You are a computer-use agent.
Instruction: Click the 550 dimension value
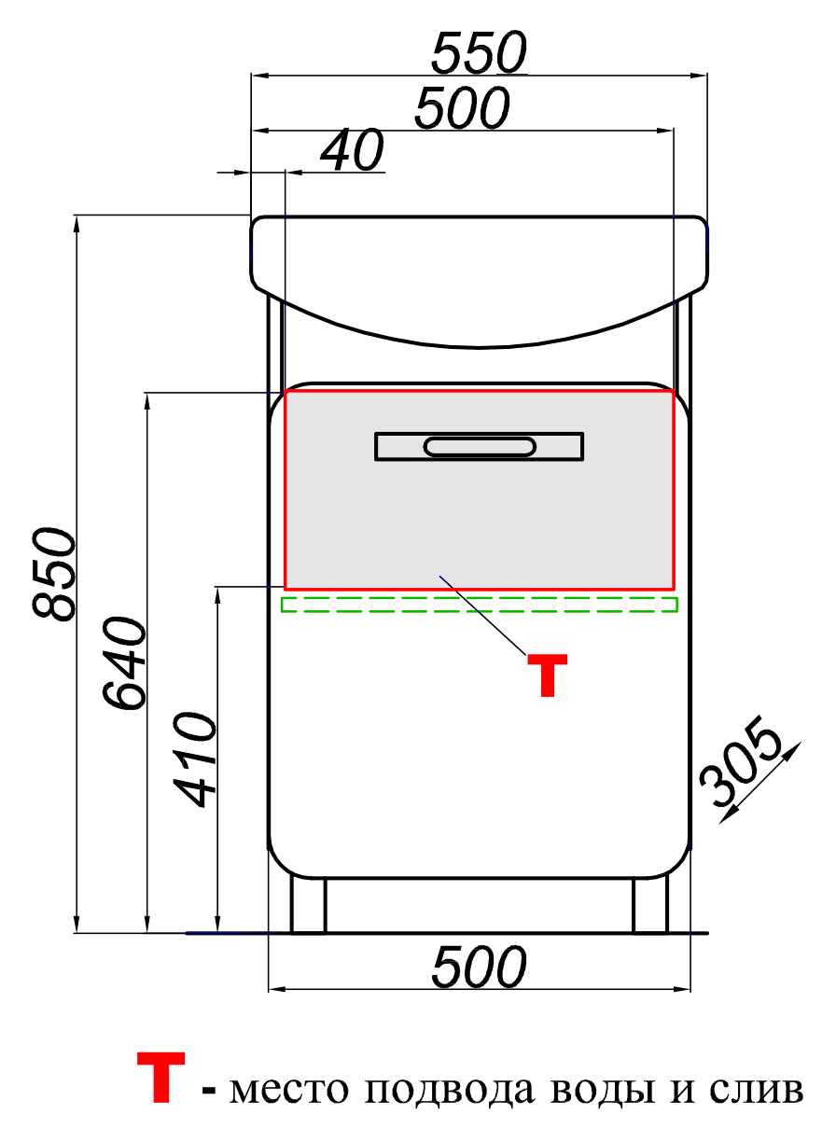click(x=479, y=52)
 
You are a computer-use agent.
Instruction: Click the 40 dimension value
click(x=353, y=150)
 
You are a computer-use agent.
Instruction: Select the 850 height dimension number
click(x=54, y=574)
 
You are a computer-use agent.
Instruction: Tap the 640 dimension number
click(x=124, y=663)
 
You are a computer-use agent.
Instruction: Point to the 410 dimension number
click(x=195, y=759)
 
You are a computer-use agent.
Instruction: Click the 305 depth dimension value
click(x=741, y=761)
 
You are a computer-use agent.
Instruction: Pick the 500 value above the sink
click(x=462, y=108)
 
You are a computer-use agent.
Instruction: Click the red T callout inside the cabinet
click(x=547, y=675)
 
